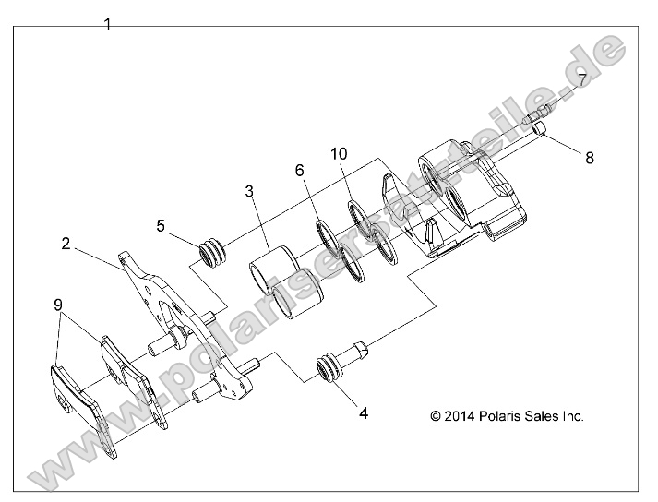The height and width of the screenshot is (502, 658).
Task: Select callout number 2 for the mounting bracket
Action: pyautogui.click(x=66, y=244)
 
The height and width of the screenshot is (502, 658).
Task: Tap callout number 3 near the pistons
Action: pyautogui.click(x=249, y=191)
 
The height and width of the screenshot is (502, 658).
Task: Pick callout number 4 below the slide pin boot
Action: pyautogui.click(x=364, y=413)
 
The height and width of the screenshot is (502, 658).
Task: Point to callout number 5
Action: pyautogui.click(x=161, y=224)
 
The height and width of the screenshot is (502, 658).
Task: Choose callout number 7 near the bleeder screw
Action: pyautogui.click(x=582, y=80)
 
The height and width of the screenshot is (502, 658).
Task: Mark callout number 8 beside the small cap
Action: pyautogui.click(x=590, y=158)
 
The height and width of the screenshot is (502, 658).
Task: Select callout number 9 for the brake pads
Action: pyautogui.click(x=58, y=304)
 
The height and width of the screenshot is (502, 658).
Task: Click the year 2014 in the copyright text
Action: pyautogui.click(x=461, y=416)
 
